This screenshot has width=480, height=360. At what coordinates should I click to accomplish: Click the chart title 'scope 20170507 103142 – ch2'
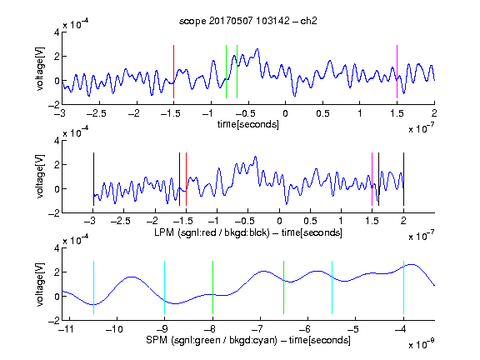[x=248, y=21]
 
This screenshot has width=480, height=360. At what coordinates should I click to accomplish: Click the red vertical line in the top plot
[x=173, y=72]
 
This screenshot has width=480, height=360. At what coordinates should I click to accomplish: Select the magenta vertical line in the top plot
[x=397, y=72]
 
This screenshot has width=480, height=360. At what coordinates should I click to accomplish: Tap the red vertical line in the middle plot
[x=186, y=179]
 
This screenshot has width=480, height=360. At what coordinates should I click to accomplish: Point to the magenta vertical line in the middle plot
[x=372, y=179]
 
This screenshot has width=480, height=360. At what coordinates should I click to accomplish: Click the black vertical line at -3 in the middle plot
[x=93, y=179]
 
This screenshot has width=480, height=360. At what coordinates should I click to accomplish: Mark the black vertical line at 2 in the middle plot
[x=403, y=179]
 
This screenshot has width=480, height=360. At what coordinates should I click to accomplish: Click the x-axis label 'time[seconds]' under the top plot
[x=248, y=124]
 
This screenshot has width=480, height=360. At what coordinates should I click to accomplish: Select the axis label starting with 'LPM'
[x=248, y=232]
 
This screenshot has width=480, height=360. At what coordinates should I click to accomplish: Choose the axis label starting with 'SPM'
[x=248, y=340]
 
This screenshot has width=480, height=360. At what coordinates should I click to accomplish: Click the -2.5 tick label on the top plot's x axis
[x=96, y=113]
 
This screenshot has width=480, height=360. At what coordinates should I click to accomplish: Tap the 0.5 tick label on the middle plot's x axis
[x=310, y=221]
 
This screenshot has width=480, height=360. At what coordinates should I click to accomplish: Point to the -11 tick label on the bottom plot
[x=67, y=329]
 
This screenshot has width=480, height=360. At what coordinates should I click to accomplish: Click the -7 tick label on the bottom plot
[x=257, y=329]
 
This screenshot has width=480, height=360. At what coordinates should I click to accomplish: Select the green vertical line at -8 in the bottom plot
[x=212, y=287]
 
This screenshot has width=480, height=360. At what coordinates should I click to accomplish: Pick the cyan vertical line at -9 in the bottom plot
[x=164, y=287]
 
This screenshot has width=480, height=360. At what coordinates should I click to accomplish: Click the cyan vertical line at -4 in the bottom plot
[x=403, y=287]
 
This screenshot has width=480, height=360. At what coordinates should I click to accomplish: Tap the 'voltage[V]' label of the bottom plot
[x=40, y=284]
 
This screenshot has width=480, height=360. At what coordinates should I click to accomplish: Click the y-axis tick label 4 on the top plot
[x=57, y=32]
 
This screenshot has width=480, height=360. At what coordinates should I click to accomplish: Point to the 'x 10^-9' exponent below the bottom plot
[x=422, y=343]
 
